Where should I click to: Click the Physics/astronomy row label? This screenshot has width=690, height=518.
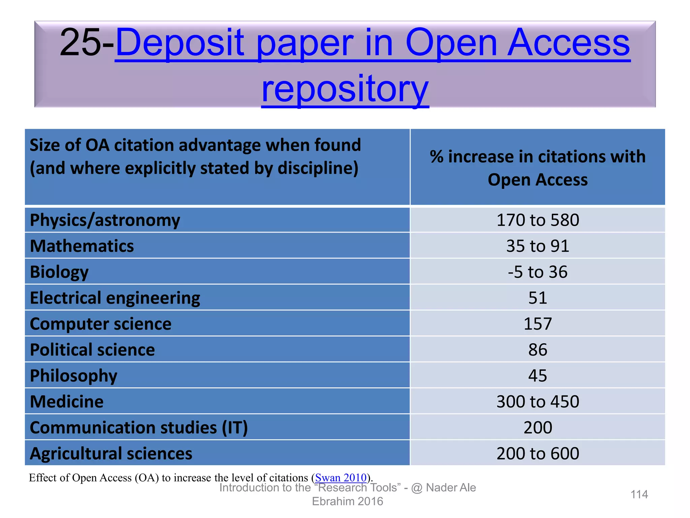[105, 220]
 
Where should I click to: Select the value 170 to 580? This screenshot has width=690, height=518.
[537, 220]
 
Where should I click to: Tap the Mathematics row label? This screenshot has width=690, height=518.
[82, 246]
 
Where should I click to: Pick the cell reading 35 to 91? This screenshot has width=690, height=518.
[537, 246]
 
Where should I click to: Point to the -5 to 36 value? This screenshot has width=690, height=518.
[537, 272]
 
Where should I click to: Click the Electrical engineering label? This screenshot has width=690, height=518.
[115, 298]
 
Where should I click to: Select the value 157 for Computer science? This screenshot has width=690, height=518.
[537, 324]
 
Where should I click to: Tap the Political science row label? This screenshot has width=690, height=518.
[92, 350]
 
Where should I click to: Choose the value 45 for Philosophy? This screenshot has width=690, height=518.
[537, 376]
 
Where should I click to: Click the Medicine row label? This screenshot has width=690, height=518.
[67, 402]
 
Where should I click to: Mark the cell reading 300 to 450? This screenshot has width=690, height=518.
[537, 402]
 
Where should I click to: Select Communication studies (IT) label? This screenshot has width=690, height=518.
[139, 428]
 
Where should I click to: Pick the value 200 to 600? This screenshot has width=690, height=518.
[537, 454]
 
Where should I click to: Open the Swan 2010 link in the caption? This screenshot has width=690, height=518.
[341, 478]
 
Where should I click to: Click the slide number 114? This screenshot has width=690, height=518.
[639, 494]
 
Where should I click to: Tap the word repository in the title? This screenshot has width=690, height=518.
[345, 89]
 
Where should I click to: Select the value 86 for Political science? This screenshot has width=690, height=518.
[537, 350]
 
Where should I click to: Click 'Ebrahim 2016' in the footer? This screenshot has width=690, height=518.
[347, 501]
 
